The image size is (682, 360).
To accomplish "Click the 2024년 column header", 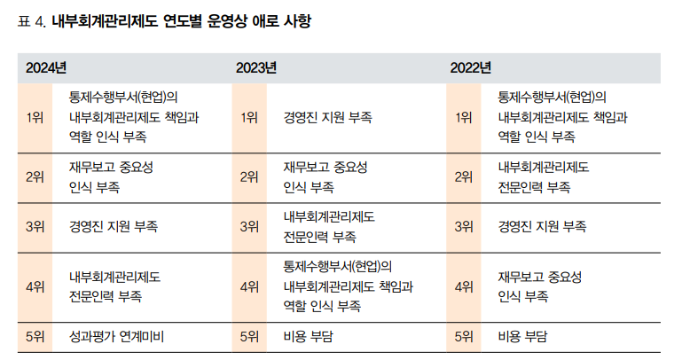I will [46, 68].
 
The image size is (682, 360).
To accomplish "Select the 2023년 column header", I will [256, 68].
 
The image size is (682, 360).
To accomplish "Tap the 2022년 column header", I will [470, 68].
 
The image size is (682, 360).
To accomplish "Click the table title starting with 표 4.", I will [165, 20].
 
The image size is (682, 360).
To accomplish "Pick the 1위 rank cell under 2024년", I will [35, 117].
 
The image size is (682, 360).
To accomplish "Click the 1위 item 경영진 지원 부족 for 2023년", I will [327, 117].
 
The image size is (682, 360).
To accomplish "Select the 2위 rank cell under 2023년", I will [249, 176].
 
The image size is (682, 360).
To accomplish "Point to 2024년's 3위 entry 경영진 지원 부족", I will [113, 226].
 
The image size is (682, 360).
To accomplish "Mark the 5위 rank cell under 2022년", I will [464, 337].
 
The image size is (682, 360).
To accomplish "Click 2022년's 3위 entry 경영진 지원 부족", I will [542, 226].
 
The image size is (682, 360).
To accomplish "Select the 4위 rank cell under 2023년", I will [249, 286].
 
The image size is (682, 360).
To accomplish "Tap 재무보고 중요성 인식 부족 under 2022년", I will [540, 286].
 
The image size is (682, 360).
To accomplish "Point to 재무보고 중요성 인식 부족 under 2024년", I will [111, 176].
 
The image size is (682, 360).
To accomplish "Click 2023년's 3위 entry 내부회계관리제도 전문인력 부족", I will [329, 226].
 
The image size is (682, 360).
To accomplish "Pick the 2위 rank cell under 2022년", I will [464, 176].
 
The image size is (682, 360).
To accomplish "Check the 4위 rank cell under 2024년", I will [35, 286].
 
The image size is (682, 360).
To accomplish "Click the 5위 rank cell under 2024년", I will [35, 337].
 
